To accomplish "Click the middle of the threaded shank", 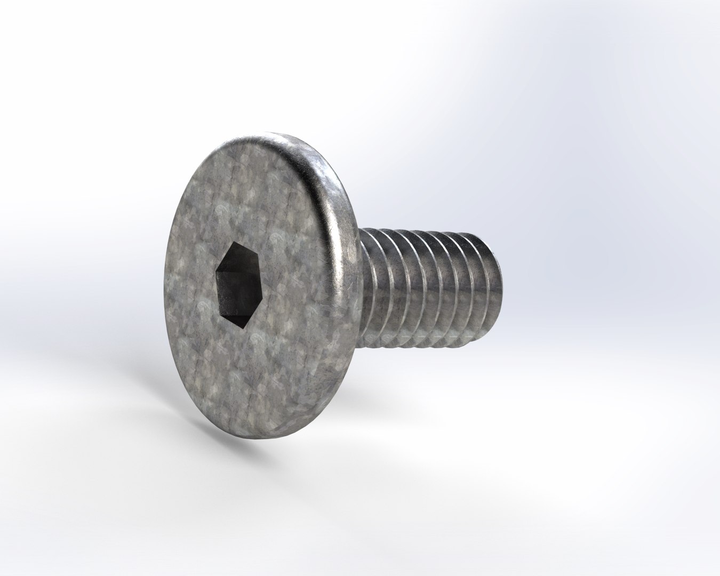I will (421, 288).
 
